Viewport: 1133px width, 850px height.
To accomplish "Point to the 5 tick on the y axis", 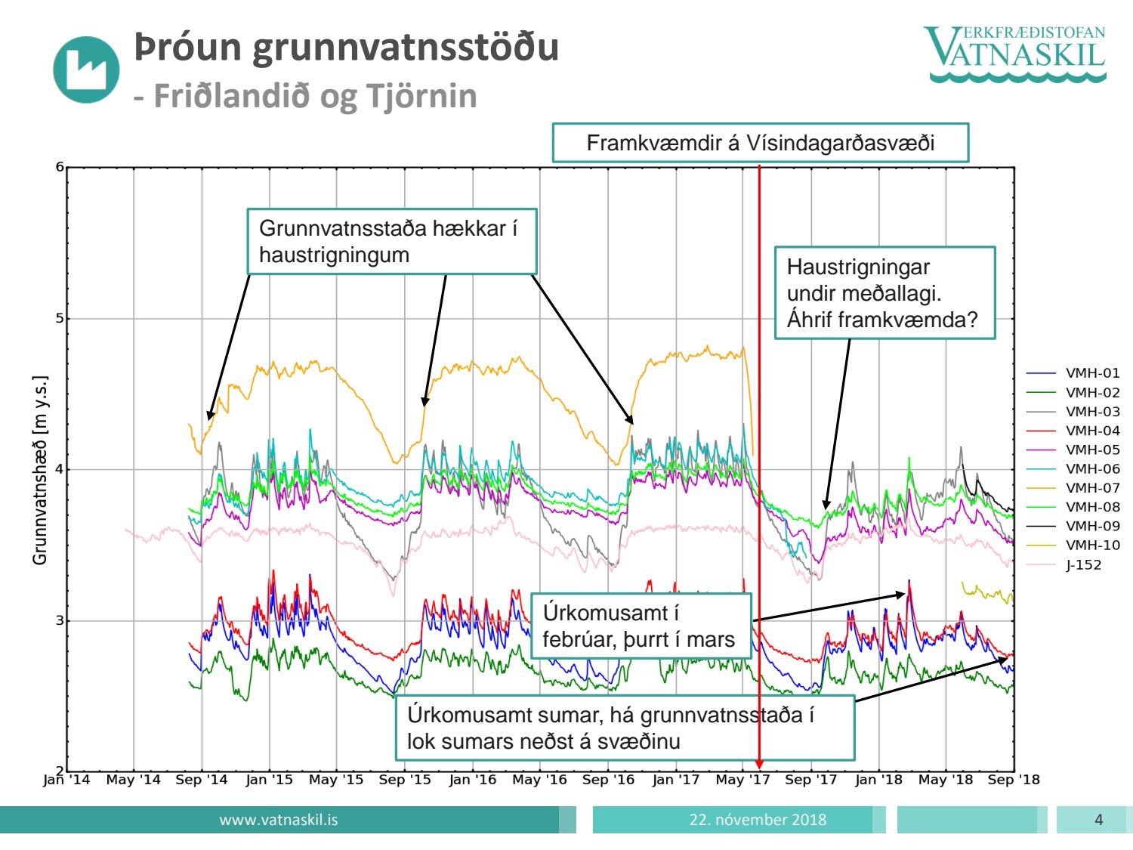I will pyautogui.click(x=60, y=318).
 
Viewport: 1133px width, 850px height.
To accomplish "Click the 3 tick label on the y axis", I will pyautogui.click(x=60, y=620).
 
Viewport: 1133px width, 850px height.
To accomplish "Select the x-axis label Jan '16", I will pyautogui.click(x=472, y=780).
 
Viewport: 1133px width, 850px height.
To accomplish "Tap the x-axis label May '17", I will pyautogui.click(x=742, y=780).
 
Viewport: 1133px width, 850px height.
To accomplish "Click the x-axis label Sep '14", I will pyautogui.click(x=201, y=780).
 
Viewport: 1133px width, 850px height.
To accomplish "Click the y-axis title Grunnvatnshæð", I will pyautogui.click(x=40, y=469).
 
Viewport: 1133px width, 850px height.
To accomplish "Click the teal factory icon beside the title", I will pyautogui.click(x=86, y=69).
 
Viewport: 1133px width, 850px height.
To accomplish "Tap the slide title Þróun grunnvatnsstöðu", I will pyautogui.click(x=346, y=47).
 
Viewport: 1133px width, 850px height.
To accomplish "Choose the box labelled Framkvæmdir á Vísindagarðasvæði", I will pyautogui.click(x=760, y=143).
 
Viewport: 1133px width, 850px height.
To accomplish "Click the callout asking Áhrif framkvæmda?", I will pyautogui.click(x=884, y=293).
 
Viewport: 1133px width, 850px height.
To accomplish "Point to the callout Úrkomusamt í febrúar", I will pyautogui.click(x=641, y=626).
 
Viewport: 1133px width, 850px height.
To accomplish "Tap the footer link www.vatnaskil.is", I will pyautogui.click(x=279, y=820).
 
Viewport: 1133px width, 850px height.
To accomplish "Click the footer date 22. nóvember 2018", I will pyautogui.click(x=758, y=820).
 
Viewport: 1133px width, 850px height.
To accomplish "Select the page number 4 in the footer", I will pyautogui.click(x=1098, y=820).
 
